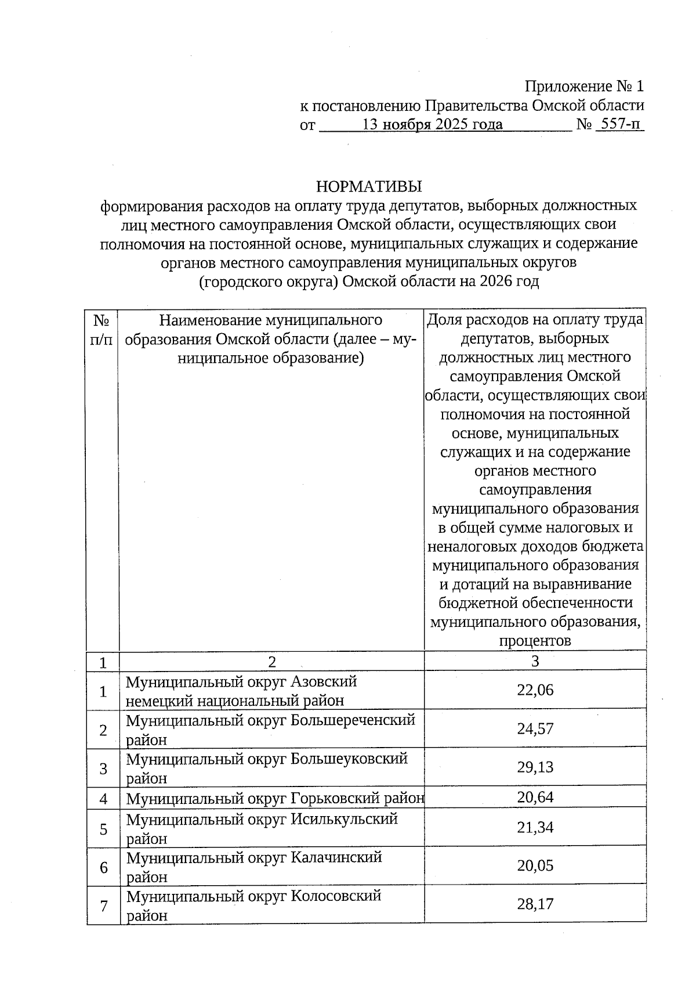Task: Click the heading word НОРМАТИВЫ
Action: point(369,186)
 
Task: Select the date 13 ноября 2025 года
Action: point(432,124)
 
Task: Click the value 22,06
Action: point(535,690)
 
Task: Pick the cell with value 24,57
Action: point(535,728)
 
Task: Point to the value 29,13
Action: point(535,767)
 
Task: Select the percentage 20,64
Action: point(535,797)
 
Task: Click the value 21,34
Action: point(535,827)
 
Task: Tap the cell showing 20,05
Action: point(535,865)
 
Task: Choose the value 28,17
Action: point(535,904)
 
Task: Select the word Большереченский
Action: point(353,720)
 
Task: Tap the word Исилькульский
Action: point(344,819)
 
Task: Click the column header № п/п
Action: point(102,330)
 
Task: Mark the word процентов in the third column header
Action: point(535,641)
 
